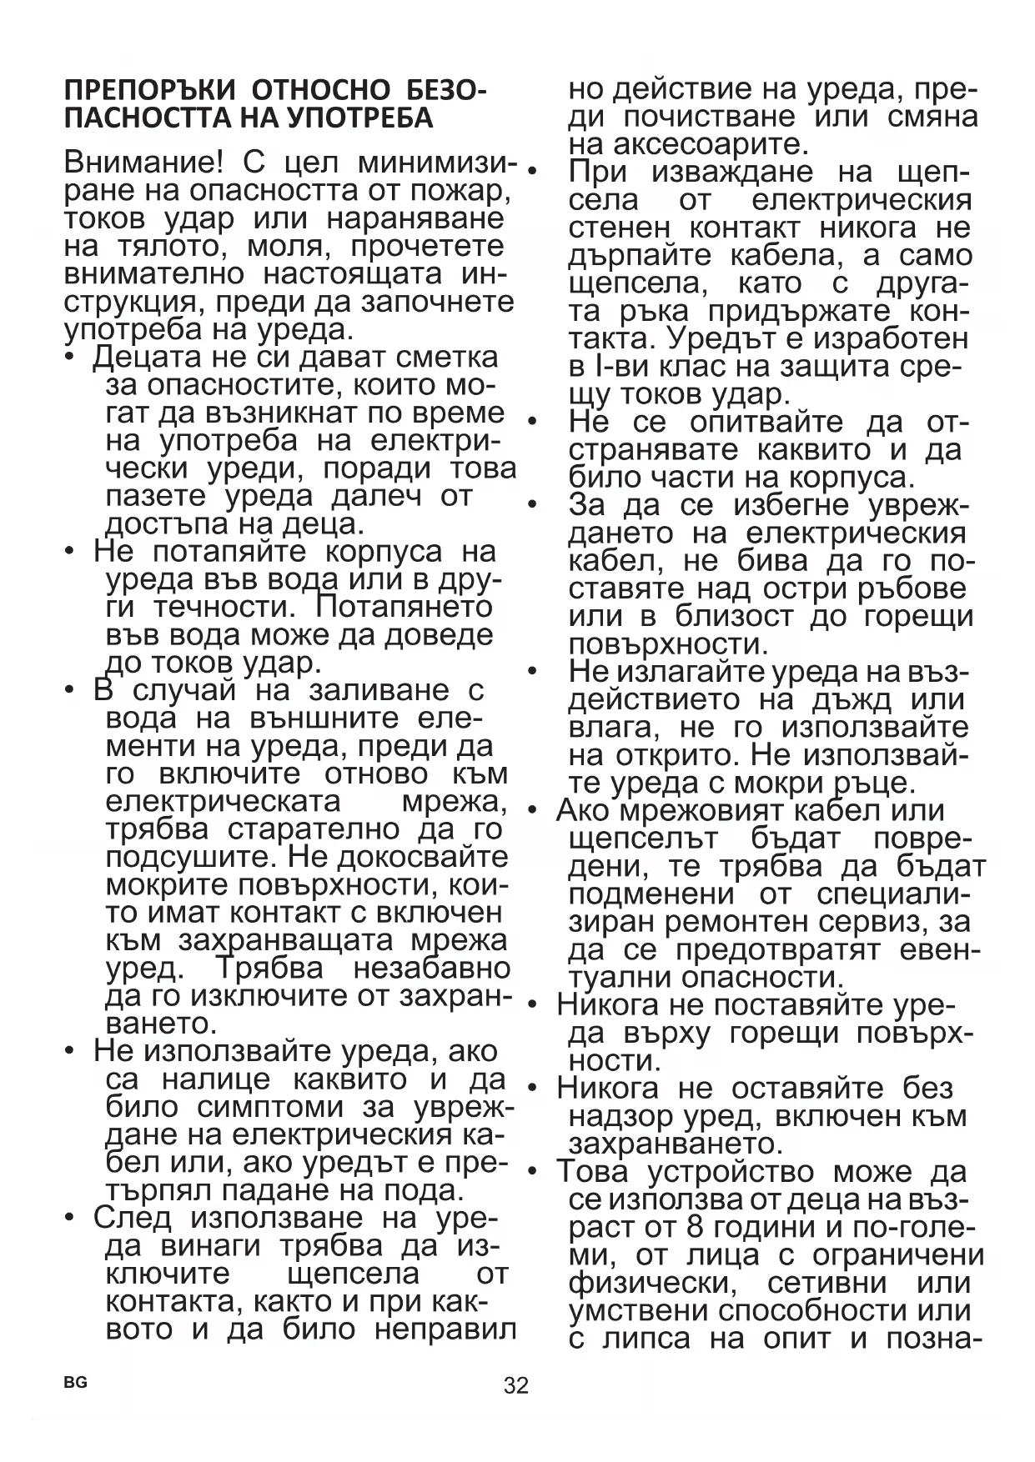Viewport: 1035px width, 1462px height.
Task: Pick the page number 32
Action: pyautogui.click(x=516, y=1385)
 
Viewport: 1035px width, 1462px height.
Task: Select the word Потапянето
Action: pyautogui.click(x=404, y=607)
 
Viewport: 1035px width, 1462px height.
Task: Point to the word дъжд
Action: pyautogui.click(x=847, y=699)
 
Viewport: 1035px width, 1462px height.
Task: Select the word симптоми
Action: pyautogui.click(x=270, y=1107)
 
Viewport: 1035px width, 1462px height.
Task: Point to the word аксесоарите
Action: pyautogui.click(x=688, y=144)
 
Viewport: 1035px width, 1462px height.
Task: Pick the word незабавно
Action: pyautogui.click(x=431, y=969)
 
